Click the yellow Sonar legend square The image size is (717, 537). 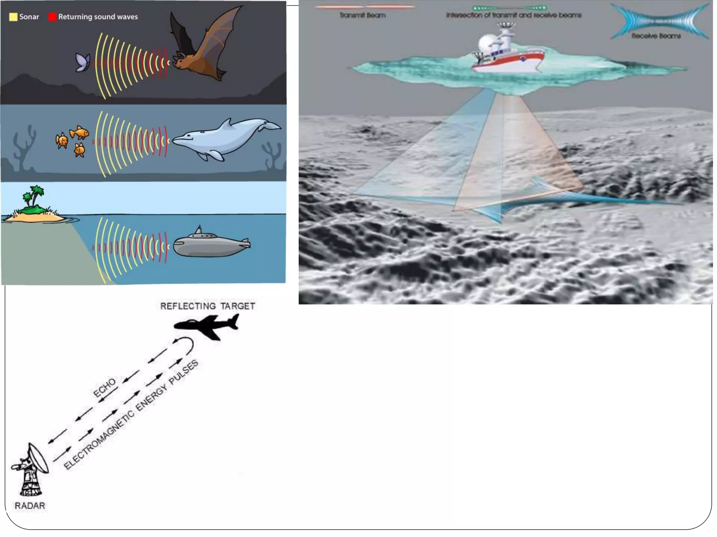13,17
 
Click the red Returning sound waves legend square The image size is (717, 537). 52,17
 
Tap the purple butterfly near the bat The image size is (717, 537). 83,63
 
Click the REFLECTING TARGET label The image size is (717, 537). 208,306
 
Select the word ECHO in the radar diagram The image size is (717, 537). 104,387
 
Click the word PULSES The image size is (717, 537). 183,372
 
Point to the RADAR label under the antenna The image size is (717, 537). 30,506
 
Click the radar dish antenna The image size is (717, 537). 38,458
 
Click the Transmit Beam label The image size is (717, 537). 363,15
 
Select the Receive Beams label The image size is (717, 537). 656,36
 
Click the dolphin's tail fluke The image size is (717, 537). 271,126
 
